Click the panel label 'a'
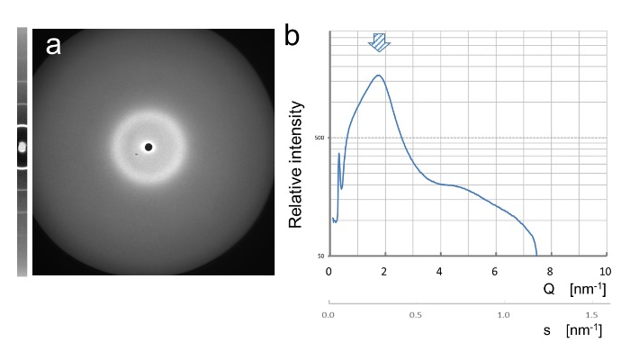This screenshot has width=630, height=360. (53, 44)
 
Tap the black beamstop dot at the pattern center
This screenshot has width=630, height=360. (148, 147)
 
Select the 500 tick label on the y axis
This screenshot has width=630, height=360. (318, 139)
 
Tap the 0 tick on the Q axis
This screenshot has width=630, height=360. (329, 271)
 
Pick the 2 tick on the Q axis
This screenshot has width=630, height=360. (384, 271)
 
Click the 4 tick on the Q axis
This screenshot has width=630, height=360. (440, 271)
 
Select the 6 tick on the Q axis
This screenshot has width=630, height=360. (495, 271)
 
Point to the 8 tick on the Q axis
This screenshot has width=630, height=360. (550, 271)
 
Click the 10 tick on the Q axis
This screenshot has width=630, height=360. (604, 271)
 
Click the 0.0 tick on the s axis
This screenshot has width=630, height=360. (329, 317)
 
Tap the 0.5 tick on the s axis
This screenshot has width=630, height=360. (417, 317)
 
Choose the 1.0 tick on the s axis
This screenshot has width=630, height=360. (504, 317)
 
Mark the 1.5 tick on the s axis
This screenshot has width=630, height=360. (591, 317)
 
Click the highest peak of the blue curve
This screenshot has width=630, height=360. (379, 76)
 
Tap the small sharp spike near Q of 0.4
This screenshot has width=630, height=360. (338, 154)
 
